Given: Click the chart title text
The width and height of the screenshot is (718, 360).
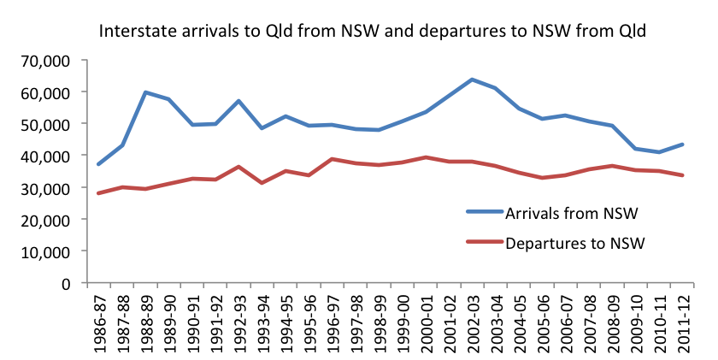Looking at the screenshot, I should pos(373,32).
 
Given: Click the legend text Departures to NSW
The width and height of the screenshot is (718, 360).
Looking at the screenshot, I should pos(574,243).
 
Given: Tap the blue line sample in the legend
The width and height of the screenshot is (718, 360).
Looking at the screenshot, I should pos(484,211).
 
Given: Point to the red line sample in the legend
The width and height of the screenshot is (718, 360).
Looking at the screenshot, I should pos(484,243).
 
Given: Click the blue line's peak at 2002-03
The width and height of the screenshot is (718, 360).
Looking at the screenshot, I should pos(471,80).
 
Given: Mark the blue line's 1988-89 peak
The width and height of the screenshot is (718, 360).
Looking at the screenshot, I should pos(146,92).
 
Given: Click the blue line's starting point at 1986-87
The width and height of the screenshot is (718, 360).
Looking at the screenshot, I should pos(99,164).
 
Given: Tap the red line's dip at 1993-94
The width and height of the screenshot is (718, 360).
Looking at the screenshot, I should pos(262,183).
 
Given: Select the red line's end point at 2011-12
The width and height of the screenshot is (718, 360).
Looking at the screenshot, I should pos(680,175).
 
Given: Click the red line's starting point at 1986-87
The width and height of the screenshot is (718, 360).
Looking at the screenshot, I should pos(99,193).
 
